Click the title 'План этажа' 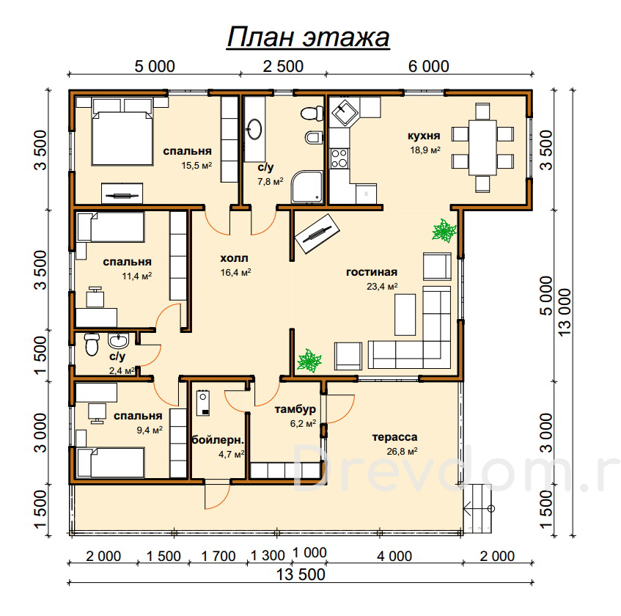tap(308, 37)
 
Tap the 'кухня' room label tap(424, 136)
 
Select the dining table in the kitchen tap(482, 147)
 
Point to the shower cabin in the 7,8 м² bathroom tap(308, 187)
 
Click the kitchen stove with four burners tap(339, 158)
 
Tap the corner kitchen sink tap(345, 111)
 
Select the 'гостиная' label tap(372, 272)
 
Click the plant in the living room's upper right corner tap(444, 230)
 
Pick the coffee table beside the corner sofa tap(405, 315)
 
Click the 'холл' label tap(234, 258)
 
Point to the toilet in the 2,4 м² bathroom tap(92, 344)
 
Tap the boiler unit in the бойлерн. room tap(203, 403)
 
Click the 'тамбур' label tap(295, 409)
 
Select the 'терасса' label tap(395, 437)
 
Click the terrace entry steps tap(477, 508)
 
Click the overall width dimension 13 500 tap(301, 574)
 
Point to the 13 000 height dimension tap(565, 312)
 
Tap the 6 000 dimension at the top tap(429, 66)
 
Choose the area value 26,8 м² tap(402, 451)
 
